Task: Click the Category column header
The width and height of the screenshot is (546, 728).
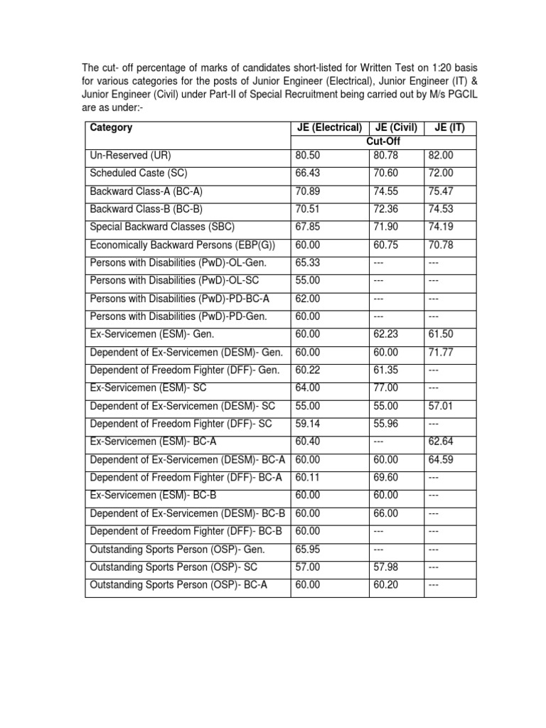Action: [x=111, y=128]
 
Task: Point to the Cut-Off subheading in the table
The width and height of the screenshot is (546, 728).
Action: [x=384, y=141]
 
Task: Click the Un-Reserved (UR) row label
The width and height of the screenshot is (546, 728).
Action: [x=131, y=155]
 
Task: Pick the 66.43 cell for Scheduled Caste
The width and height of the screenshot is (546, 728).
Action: [x=308, y=173]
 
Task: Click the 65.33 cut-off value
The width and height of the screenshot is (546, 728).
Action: [x=308, y=262]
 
